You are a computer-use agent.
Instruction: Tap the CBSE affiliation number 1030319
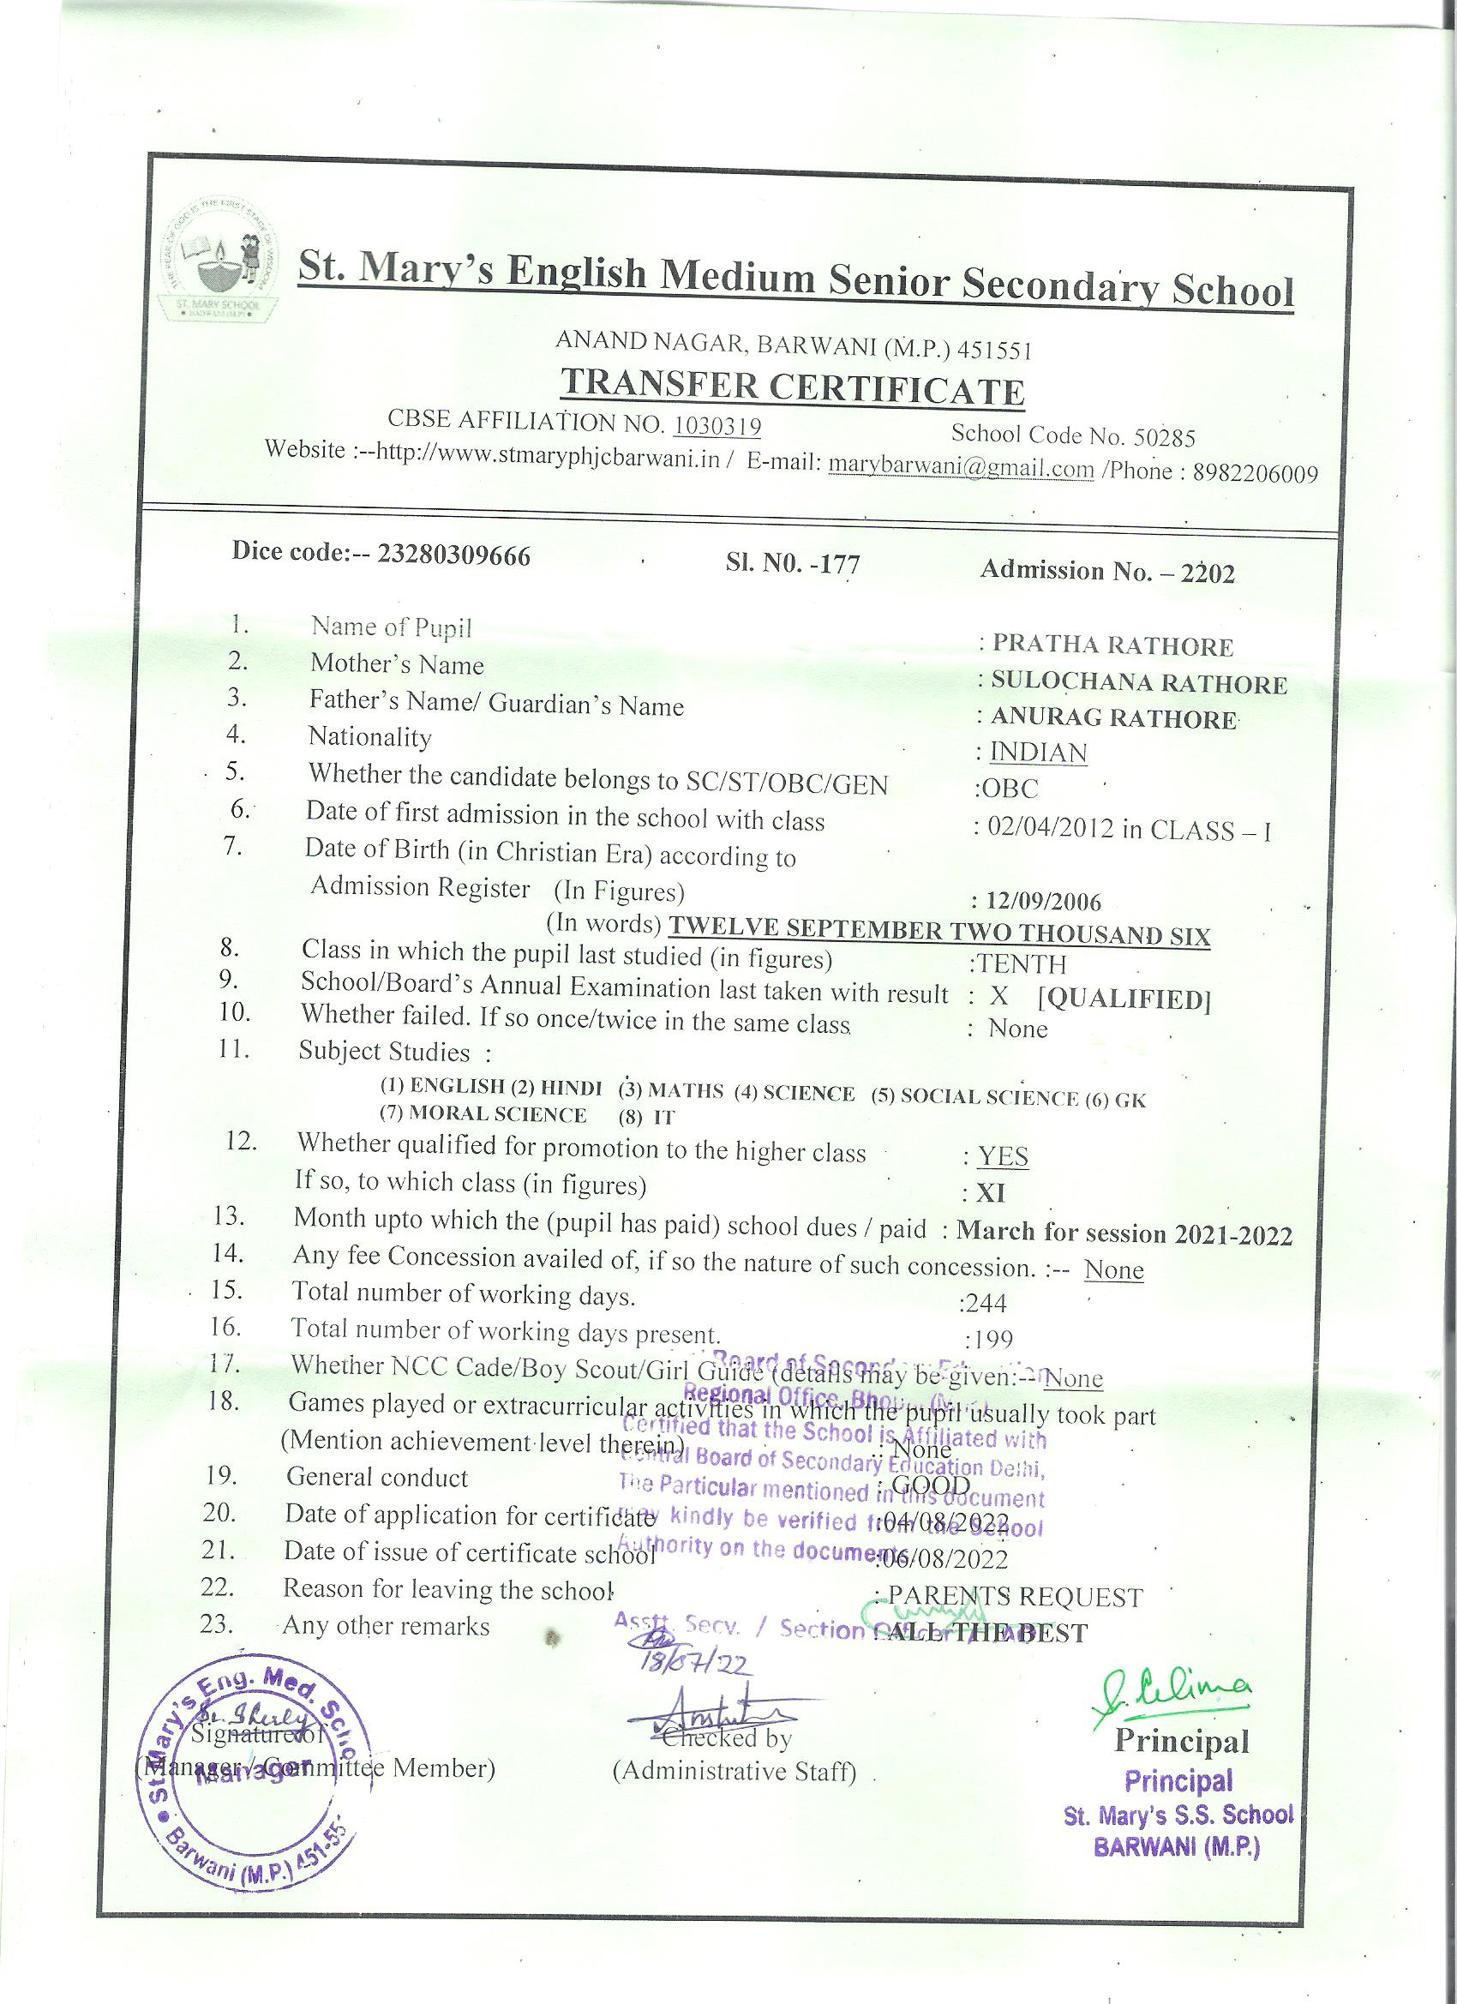click(x=717, y=427)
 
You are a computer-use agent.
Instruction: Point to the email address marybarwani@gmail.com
click(x=962, y=468)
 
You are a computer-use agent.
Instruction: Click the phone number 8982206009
click(x=1255, y=475)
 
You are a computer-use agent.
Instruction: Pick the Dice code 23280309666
click(x=454, y=555)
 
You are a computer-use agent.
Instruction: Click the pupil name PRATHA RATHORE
click(x=1112, y=646)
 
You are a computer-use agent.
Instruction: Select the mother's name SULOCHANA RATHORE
click(x=1139, y=683)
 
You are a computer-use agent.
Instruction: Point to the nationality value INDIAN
click(x=1038, y=753)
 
